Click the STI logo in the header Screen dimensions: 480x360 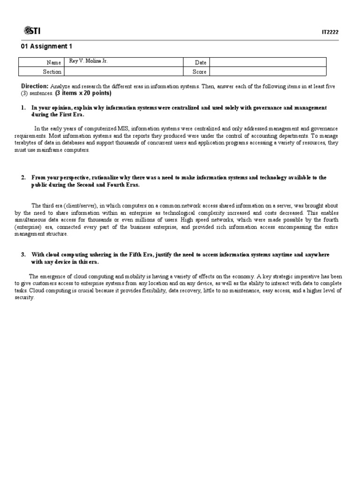point(31,31)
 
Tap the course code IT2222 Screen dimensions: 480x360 point(330,32)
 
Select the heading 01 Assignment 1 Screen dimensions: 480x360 point(47,46)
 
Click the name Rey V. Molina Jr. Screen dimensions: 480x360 point(88,61)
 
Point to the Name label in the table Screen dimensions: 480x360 point(53,62)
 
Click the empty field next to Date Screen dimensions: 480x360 point(267,62)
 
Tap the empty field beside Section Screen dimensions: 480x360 point(123,72)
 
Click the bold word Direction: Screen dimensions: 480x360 point(35,86)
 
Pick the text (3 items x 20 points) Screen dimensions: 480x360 point(83,93)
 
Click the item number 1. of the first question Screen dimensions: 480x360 point(23,108)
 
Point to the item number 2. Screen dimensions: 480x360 point(23,178)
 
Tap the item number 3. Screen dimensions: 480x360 point(23,255)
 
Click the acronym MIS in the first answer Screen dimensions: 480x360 point(117,128)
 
